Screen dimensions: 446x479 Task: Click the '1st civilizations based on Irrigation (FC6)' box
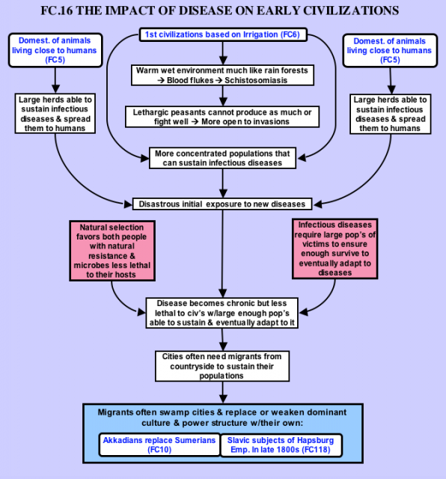click(223, 34)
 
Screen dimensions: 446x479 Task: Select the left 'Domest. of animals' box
click(55, 50)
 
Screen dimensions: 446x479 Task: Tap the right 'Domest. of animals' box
click(390, 50)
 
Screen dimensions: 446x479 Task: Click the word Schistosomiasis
click(256, 80)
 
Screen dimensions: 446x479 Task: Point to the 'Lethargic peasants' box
click(222, 117)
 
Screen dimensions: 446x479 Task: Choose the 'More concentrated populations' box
click(222, 158)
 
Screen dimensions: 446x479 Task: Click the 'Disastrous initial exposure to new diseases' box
click(222, 204)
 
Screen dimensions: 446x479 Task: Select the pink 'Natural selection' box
click(112, 251)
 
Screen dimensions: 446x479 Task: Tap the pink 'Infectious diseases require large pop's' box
click(334, 248)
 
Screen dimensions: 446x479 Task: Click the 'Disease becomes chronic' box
click(222, 313)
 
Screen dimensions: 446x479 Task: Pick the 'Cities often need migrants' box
click(222, 366)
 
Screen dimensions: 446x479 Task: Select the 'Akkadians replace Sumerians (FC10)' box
click(159, 445)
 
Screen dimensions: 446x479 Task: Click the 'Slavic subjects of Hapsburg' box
click(281, 445)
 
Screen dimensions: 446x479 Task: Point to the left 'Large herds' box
click(55, 114)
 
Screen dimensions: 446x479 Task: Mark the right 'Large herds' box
click(390, 114)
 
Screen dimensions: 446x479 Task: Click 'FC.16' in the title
click(57, 10)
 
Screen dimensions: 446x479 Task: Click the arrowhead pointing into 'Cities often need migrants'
click(223, 347)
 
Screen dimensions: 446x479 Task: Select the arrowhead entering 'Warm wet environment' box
click(223, 60)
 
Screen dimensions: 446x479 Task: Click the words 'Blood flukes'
click(190, 80)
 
